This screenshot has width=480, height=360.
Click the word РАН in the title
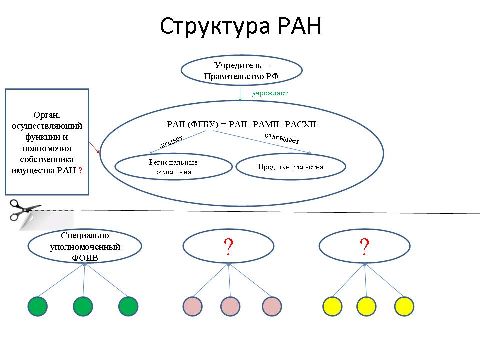click(x=300, y=25)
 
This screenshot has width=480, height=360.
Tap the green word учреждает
click(x=270, y=93)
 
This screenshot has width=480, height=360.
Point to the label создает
click(x=171, y=141)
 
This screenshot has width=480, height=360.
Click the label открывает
click(x=282, y=138)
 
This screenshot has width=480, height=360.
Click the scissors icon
click(x=24, y=210)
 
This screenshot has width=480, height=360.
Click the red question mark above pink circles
click(x=228, y=246)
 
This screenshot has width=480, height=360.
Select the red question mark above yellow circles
click(x=364, y=246)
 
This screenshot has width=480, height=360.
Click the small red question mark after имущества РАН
click(x=80, y=171)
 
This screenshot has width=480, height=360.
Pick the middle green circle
click(x=83, y=306)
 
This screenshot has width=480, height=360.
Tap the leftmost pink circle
click(x=193, y=306)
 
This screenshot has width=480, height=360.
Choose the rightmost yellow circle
click(x=404, y=306)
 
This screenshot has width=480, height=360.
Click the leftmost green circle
click(x=37, y=306)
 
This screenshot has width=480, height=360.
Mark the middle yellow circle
click(x=366, y=306)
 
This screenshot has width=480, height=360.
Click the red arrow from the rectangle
click(x=94, y=147)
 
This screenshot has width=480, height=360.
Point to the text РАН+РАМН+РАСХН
click(x=272, y=124)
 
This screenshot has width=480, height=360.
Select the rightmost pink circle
click(x=272, y=306)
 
